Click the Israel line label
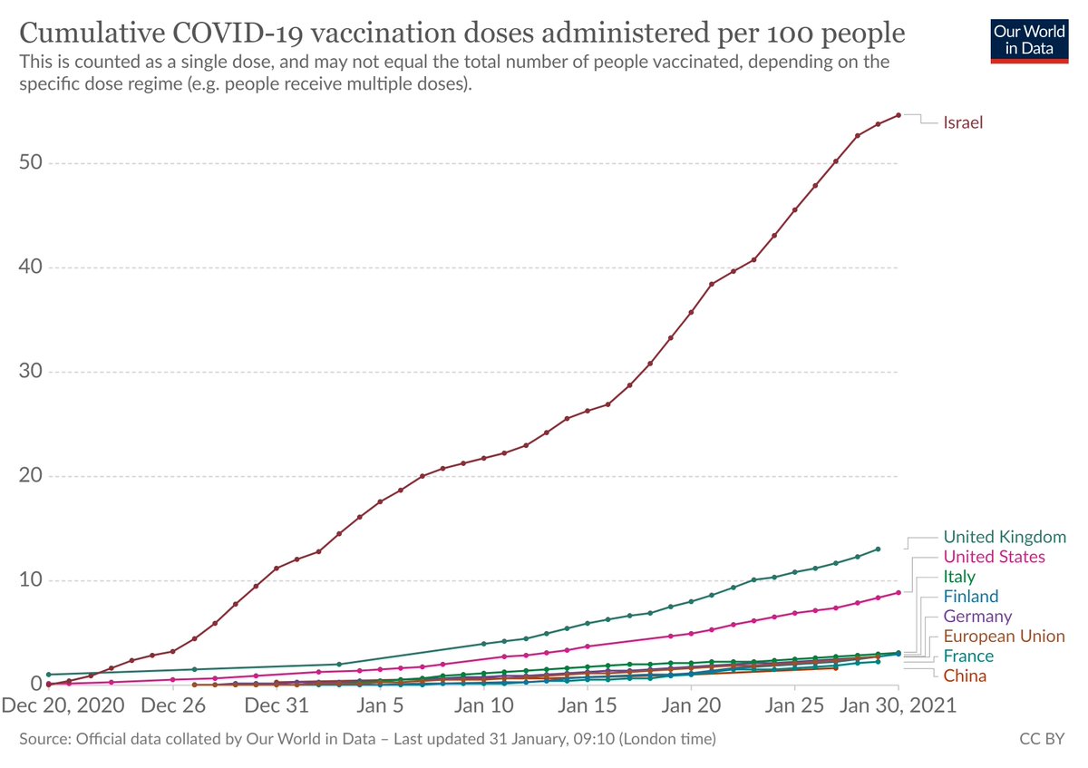(x=963, y=122)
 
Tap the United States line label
(x=994, y=557)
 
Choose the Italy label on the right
(x=959, y=577)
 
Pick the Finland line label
(x=970, y=597)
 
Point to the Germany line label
(x=977, y=617)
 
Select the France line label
(x=968, y=656)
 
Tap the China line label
(x=965, y=676)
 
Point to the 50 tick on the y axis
(x=31, y=163)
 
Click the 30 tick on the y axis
(x=31, y=372)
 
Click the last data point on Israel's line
(x=899, y=115)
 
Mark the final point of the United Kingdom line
(x=878, y=549)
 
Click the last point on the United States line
(x=899, y=592)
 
